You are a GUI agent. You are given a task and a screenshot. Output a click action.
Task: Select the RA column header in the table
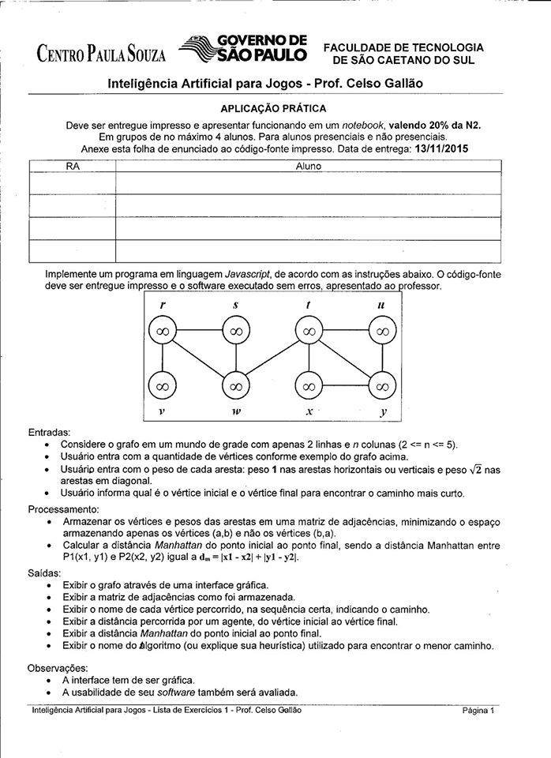pyautogui.click(x=72, y=167)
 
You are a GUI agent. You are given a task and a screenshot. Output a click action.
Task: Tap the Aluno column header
pyautogui.click(x=308, y=167)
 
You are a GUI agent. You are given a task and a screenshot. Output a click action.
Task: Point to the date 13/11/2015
pyautogui.click(x=440, y=148)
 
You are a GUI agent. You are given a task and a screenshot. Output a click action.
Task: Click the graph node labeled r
pyautogui.click(x=162, y=332)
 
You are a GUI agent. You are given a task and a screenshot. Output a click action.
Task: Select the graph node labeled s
pyautogui.click(x=235, y=332)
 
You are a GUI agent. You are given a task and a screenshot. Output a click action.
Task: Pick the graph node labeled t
pyautogui.click(x=309, y=332)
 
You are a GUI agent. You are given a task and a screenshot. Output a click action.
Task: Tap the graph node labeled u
pyautogui.click(x=381, y=332)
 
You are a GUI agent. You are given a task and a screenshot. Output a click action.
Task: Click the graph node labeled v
pyautogui.click(x=162, y=386)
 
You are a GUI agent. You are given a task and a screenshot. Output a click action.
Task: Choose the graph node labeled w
pyautogui.click(x=235, y=386)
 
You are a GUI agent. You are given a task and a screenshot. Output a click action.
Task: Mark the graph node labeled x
pyautogui.click(x=309, y=386)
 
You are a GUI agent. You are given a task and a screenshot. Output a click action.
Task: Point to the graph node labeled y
pyautogui.click(x=381, y=386)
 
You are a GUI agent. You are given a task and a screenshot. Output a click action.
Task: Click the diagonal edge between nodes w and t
pyautogui.click(x=272, y=358)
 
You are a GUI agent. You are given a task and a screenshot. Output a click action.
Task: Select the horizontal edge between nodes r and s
pyautogui.click(x=198, y=332)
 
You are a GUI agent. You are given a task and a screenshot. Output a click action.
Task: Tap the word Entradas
pyautogui.click(x=49, y=432)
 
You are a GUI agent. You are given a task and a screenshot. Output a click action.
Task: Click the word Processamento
pyautogui.click(x=63, y=509)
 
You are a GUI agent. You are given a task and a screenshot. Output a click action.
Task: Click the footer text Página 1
pyautogui.click(x=478, y=710)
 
